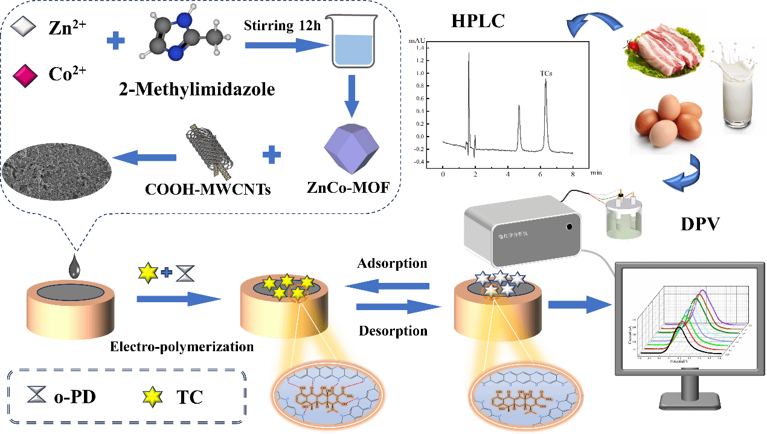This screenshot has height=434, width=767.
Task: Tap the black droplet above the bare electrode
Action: tap(74, 267)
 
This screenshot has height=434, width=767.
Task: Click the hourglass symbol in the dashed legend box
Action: tap(36, 395)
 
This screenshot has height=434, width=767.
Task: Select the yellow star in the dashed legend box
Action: tap(153, 397)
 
